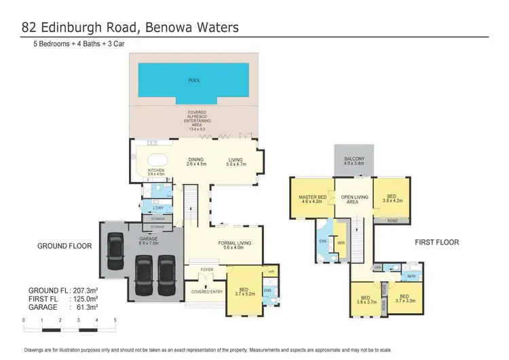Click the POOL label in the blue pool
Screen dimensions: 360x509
(x=193, y=80)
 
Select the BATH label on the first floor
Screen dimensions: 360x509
(x=411, y=276)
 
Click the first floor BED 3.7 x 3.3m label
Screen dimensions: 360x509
(x=407, y=300)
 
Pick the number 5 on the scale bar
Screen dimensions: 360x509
(x=115, y=319)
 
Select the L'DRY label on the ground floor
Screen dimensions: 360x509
(x=157, y=208)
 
